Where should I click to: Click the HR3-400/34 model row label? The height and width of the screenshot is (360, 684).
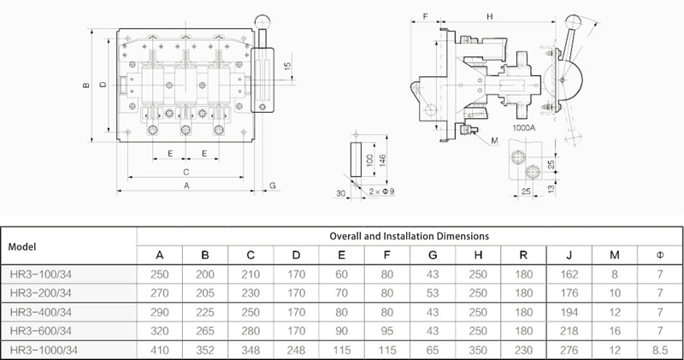pyautogui.click(x=40, y=312)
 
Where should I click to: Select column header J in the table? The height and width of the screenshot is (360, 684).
pyautogui.click(x=569, y=256)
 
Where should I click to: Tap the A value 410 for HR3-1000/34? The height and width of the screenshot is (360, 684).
pyautogui.click(x=159, y=350)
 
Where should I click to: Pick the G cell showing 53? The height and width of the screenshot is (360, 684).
pyautogui.click(x=433, y=292)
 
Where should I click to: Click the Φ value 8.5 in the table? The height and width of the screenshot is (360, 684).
pyautogui.click(x=660, y=350)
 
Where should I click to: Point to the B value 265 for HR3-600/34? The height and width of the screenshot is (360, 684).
pyautogui.click(x=205, y=331)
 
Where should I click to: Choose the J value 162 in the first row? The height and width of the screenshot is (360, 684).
pyautogui.click(x=569, y=274)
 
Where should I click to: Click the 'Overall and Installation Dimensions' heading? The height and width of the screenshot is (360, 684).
pyautogui.click(x=410, y=236)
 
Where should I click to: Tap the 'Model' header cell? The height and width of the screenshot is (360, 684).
pyautogui.click(x=22, y=246)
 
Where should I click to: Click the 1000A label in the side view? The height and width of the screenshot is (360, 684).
pyautogui.click(x=523, y=128)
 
